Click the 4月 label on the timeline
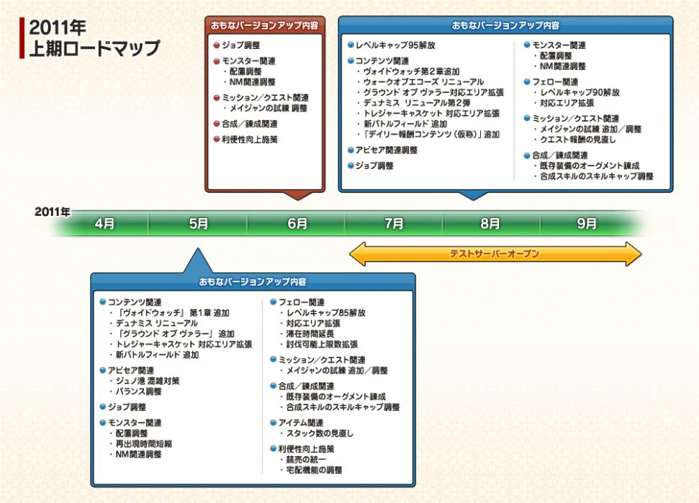(104, 224)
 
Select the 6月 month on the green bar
(297, 224)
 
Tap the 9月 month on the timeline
(587, 224)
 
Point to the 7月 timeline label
(394, 224)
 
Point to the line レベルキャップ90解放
(580, 93)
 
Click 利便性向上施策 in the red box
(250, 139)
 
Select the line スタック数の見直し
(320, 434)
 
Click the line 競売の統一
(306, 459)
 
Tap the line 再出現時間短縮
(144, 444)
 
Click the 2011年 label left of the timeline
(53, 212)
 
